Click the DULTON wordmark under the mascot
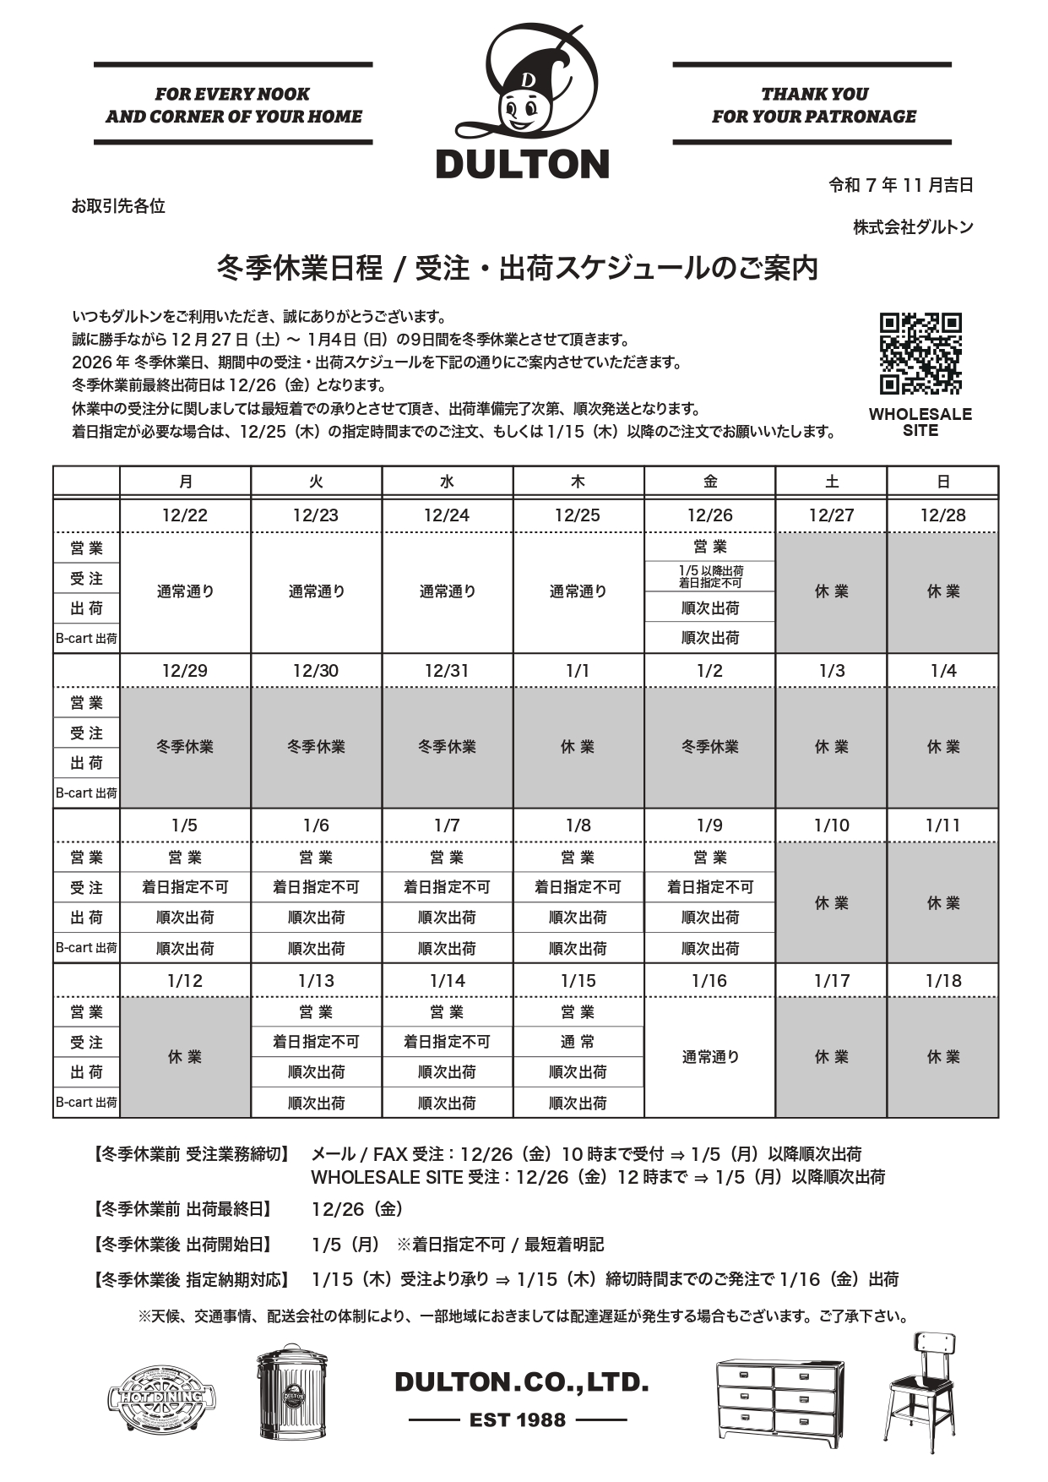point(523,164)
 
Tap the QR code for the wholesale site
point(920,354)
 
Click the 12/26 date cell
point(709,515)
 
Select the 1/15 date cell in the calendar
point(578,981)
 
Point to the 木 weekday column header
point(578,482)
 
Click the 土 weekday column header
point(831,482)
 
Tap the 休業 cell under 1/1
point(578,747)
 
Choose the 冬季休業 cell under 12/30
point(316,747)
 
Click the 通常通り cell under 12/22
point(185,591)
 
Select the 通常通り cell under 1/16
point(709,1057)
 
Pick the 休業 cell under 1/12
point(185,1057)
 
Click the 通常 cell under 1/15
point(578,1042)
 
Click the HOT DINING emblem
point(160,1397)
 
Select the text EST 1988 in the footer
point(518,1420)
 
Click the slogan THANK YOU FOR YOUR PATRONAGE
point(813,105)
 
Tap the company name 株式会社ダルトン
point(913,227)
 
